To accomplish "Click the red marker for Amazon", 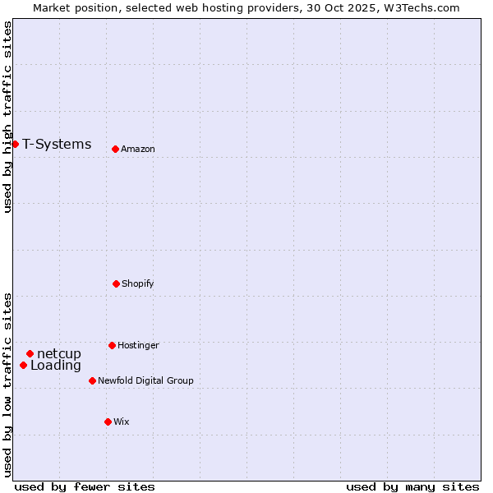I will coord(115,149).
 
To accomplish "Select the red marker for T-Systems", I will coord(15,144).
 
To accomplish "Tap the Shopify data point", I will coord(116,283).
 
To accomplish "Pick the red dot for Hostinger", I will coord(112,345).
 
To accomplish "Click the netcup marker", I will coord(30,353).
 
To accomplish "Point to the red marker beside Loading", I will coord(23,365).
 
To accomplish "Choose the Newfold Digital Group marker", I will coord(92,380).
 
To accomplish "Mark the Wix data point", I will coord(108,422).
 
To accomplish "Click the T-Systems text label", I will coord(57,145).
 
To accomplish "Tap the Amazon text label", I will coord(138,149).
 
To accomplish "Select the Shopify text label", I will coord(138,283).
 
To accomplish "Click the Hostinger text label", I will coord(138,345).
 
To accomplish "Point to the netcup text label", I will coord(59,354).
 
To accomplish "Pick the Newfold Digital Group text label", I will coord(145,380).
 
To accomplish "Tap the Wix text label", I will coord(122,422).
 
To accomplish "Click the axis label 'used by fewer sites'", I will coord(85,486).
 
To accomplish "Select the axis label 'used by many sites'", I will coord(412,486).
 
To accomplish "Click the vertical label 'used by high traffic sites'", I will coord(7,117).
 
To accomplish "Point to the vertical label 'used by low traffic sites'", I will coord(7,385).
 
